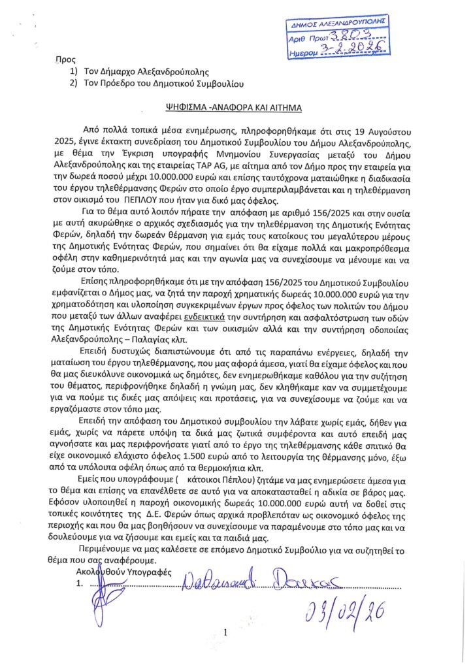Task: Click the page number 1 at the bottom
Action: coord(224,632)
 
